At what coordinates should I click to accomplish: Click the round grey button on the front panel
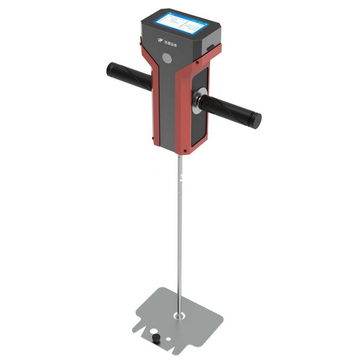(x=167, y=58)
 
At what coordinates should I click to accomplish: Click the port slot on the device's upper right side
(x=210, y=47)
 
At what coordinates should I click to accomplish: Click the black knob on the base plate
(x=156, y=339)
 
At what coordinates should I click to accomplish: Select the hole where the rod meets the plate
(x=180, y=316)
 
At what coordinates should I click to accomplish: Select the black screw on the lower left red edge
(x=153, y=139)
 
